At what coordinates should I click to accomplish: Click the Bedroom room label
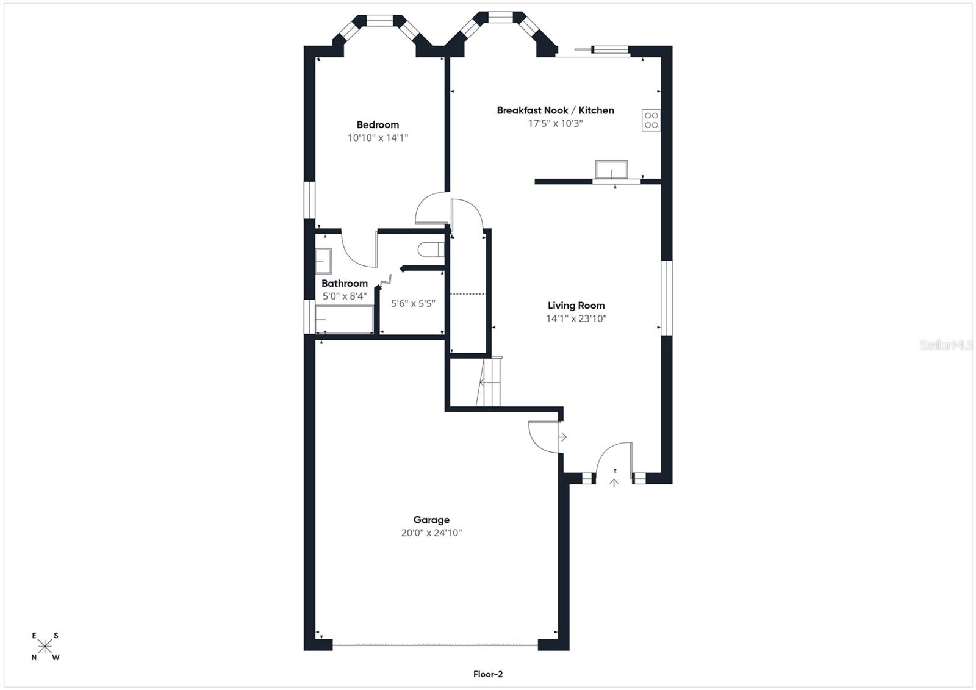click(378, 125)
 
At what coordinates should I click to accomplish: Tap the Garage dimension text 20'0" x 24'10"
click(431, 533)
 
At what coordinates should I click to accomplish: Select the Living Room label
click(576, 306)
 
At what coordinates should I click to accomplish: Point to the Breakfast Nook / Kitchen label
click(556, 110)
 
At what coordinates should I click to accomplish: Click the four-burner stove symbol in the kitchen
click(651, 120)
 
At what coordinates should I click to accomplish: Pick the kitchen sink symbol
click(612, 170)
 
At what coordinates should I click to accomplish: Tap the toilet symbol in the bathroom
click(431, 250)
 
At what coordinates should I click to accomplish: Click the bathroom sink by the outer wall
click(323, 261)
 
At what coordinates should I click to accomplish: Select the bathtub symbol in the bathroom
click(344, 320)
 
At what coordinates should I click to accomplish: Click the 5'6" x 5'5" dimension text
click(413, 303)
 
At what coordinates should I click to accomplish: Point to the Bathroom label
click(345, 283)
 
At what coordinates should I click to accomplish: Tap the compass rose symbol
click(45, 647)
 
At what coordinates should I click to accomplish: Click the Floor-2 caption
click(488, 674)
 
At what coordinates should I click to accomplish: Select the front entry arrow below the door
click(614, 483)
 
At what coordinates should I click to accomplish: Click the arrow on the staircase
click(489, 383)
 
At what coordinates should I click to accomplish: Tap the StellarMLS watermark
click(946, 345)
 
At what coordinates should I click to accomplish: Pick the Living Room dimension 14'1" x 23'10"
click(576, 318)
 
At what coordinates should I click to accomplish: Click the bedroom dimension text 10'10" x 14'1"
click(378, 138)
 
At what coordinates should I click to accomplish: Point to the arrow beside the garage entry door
click(562, 436)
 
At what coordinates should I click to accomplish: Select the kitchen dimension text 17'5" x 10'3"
click(556, 123)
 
